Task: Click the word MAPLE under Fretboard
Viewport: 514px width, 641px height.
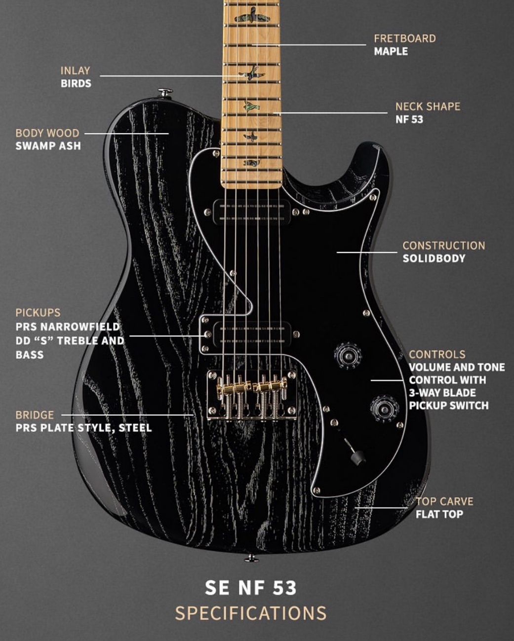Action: pyautogui.click(x=391, y=51)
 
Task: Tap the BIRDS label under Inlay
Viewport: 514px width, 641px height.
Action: pyautogui.click(x=76, y=83)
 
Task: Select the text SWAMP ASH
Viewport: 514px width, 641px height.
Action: pyautogui.click(x=48, y=146)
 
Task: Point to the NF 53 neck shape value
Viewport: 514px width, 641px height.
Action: pyautogui.click(x=409, y=119)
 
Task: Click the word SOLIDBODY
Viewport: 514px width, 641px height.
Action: pyautogui.click(x=434, y=258)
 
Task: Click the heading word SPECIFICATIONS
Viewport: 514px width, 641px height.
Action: pyautogui.click(x=251, y=613)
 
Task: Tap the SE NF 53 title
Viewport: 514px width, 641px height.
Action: pyautogui.click(x=251, y=587)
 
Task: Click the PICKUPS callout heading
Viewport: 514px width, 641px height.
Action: pyautogui.click(x=38, y=313)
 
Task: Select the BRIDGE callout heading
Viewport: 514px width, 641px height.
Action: pyautogui.click(x=35, y=415)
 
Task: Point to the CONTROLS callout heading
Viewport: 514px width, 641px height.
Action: pyautogui.click(x=437, y=355)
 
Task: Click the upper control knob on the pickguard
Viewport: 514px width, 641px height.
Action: pyautogui.click(x=348, y=356)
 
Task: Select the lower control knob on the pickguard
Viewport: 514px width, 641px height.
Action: pyautogui.click(x=385, y=409)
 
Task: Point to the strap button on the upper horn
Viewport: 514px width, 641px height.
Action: pyautogui.click(x=165, y=92)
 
